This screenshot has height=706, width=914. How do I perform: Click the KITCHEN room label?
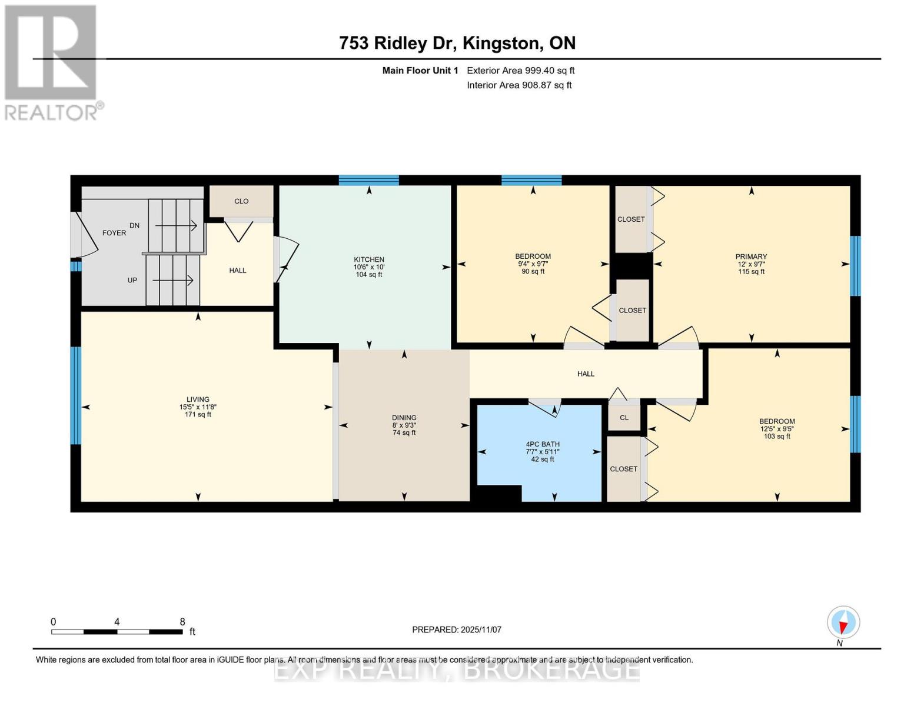tap(369, 259)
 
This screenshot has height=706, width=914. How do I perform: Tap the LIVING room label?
tap(198, 399)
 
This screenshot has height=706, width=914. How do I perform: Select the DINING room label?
tap(404, 418)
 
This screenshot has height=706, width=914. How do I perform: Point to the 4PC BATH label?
tap(542, 444)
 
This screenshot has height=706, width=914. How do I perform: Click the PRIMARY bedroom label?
tap(751, 257)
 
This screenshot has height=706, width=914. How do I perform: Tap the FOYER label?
tap(114, 233)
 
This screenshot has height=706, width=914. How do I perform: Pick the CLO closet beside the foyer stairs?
tap(241, 201)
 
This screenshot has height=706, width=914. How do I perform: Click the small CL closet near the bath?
tap(624, 418)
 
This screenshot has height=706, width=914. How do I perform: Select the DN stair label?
tap(134, 225)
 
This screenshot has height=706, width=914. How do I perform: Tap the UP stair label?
tap(132, 280)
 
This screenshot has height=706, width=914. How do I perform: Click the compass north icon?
tap(843, 622)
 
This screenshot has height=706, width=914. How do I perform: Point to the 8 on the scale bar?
tap(182, 622)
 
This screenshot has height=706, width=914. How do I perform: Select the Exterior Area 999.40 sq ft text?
tap(520, 71)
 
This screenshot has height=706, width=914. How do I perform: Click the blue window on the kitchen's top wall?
tap(368, 181)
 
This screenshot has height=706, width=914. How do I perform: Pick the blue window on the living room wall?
tap(75, 396)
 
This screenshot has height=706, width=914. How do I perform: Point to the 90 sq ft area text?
tap(533, 272)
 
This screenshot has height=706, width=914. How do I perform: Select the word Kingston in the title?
tap(500, 44)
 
